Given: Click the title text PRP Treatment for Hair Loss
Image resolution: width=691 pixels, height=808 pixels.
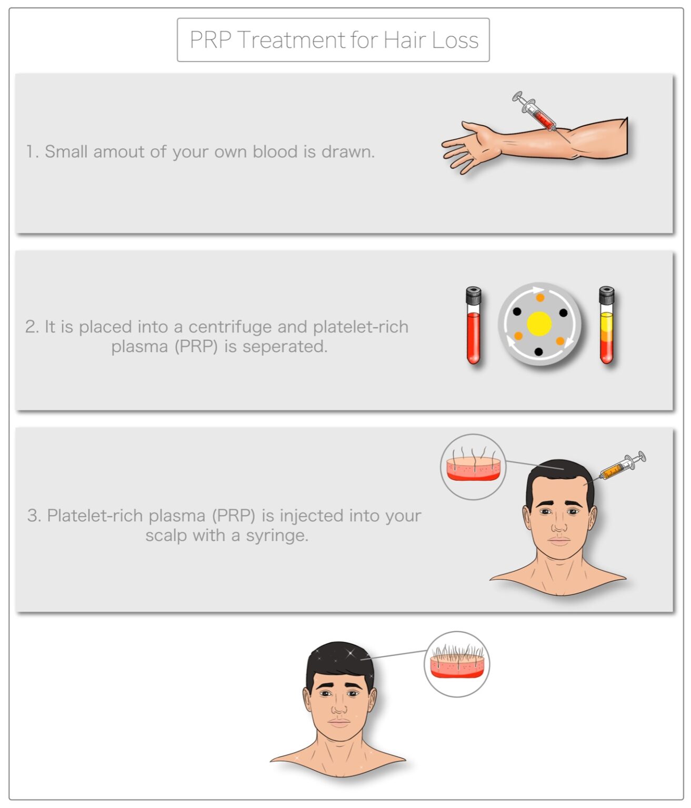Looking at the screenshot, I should click(334, 40).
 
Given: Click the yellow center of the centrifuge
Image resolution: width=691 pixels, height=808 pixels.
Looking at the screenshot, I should click(539, 324).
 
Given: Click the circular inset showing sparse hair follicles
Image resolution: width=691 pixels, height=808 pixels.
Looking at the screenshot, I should click(473, 467).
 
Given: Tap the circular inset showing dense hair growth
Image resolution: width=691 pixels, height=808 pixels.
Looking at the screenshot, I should click(457, 664).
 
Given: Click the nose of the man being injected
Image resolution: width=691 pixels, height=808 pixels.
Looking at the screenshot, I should click(559, 525).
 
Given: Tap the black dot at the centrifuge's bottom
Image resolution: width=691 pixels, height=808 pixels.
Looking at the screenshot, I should click(538, 351).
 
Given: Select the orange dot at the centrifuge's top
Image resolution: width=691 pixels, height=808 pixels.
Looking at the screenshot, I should click(540, 298).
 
